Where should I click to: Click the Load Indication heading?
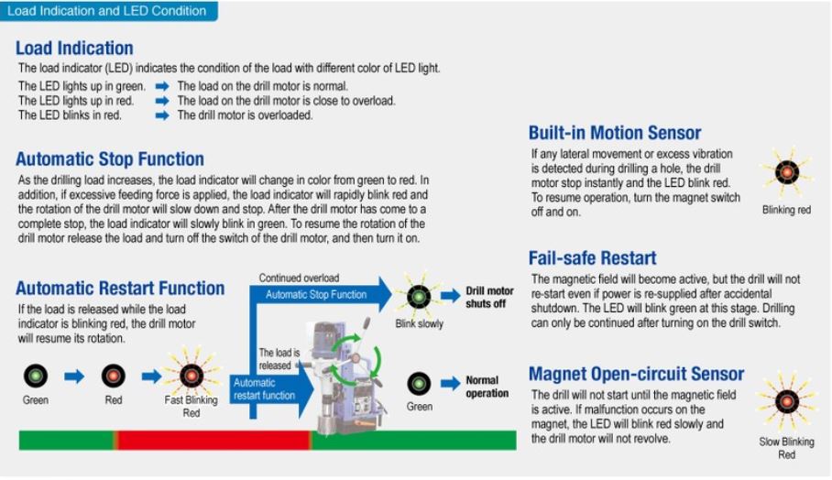pos(74,48)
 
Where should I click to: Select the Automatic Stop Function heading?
pos(110,158)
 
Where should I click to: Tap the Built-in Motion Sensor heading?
pos(615,133)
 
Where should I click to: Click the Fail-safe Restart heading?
pos(592,257)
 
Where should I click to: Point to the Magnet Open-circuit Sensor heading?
pos(636,374)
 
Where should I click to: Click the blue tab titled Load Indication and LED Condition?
pos(108,11)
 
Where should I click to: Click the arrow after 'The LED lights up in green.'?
pos(162,86)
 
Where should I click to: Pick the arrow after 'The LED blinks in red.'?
pos(162,115)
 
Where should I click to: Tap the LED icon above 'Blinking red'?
pos(787,172)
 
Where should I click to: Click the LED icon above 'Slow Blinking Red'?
pos(787,401)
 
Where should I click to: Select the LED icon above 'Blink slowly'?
pos(419,296)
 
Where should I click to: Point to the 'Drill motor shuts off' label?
pos(489,297)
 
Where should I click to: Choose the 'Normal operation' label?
pos(487,387)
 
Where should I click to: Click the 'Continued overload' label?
pos(299,278)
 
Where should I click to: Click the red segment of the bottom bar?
pos(213,441)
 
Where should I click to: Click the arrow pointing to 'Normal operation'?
pos(451,383)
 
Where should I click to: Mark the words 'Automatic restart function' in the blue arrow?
pos(264,388)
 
